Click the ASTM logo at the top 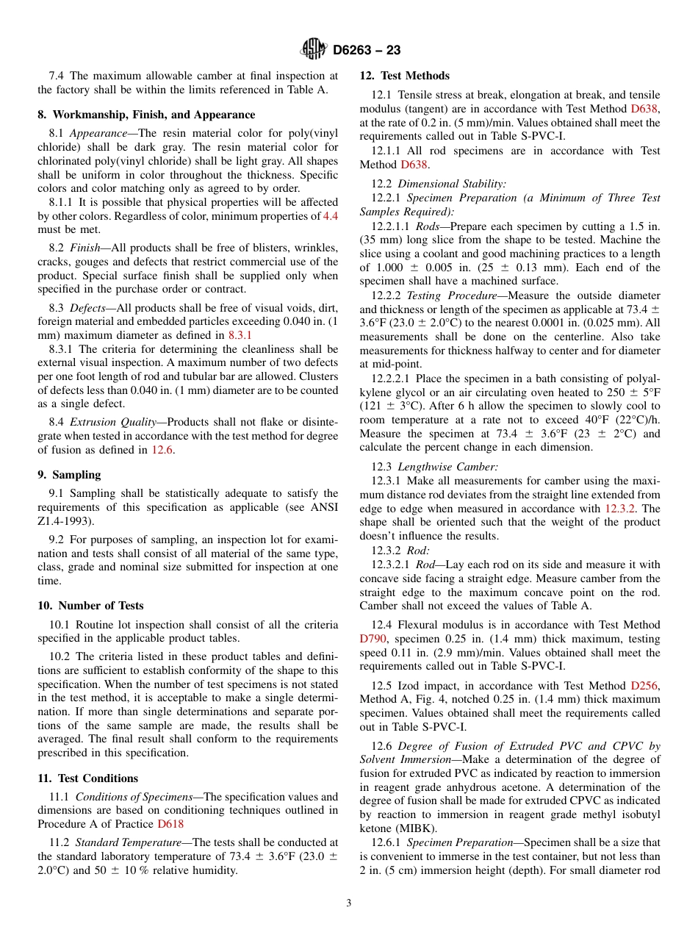314,50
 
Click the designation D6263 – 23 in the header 367,51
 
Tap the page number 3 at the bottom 349,903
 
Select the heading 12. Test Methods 404,76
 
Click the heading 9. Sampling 69,475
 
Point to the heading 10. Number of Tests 90,606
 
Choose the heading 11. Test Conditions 87,778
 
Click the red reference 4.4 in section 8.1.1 330,216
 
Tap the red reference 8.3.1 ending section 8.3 240,335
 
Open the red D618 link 170,825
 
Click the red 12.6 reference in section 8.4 162,450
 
